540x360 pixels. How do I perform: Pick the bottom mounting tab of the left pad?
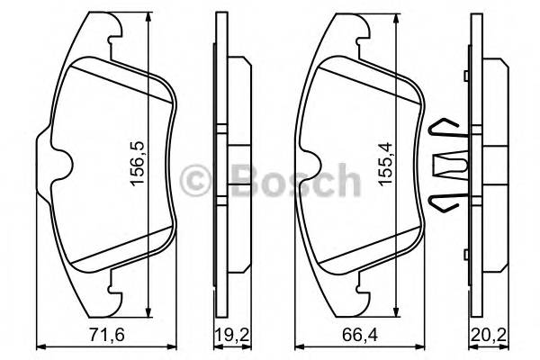(114, 289)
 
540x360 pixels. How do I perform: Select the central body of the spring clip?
(447, 166)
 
